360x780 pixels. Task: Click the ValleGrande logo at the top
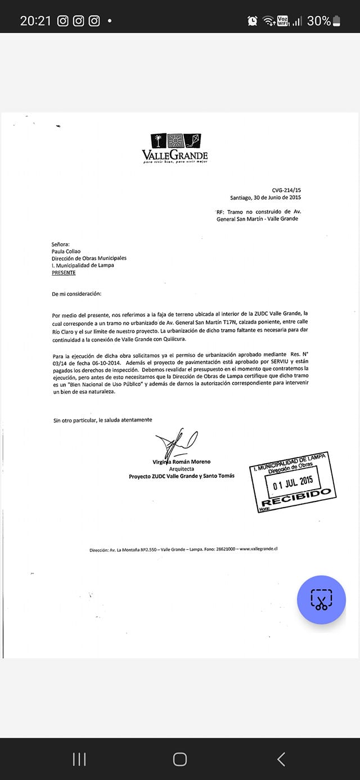tap(175, 149)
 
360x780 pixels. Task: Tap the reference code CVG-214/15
tap(286, 191)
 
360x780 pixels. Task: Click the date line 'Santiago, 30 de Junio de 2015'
tap(265, 198)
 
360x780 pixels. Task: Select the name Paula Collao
tap(66, 252)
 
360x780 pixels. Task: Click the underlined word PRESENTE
tap(64, 273)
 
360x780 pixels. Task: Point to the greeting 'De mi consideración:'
tap(77, 294)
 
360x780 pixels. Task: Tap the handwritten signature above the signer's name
tap(174, 442)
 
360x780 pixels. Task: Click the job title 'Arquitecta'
tap(182, 469)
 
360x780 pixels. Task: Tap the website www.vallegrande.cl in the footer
tap(259, 549)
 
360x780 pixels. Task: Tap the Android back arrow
tap(281, 759)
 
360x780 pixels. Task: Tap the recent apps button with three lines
tap(79, 759)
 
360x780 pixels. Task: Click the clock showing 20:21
tap(35, 21)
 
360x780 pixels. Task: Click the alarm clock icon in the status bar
tap(253, 21)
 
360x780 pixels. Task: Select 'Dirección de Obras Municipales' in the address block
tap(89, 258)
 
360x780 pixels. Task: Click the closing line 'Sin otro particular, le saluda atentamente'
tap(102, 420)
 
